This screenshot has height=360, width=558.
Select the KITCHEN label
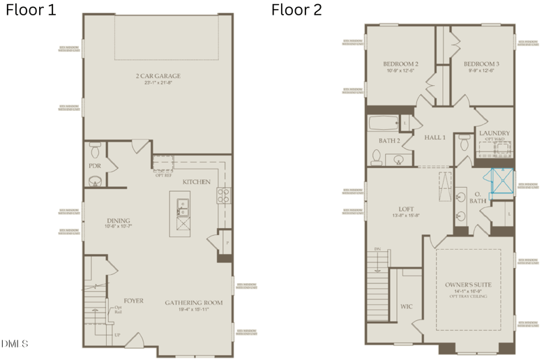tap(196, 182)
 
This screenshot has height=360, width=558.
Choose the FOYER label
tap(134, 301)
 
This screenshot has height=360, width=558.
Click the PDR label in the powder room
tap(95, 167)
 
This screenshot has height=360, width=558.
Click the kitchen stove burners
tap(223, 195)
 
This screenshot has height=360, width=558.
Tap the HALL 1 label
tap(435, 137)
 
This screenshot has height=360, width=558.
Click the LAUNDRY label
tap(494, 133)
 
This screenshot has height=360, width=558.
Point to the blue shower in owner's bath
tap(502, 179)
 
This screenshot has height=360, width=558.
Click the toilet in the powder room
tap(96, 148)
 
